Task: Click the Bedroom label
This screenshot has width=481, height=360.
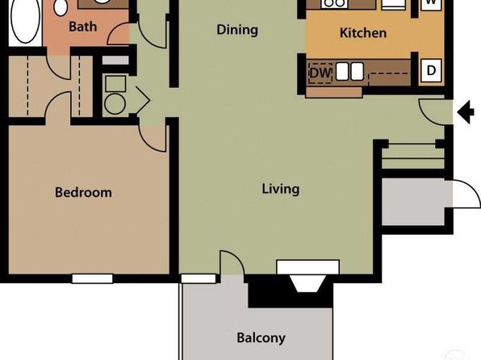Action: [83, 192]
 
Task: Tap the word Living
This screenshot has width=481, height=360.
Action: [280, 189]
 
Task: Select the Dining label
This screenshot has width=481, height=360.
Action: [237, 30]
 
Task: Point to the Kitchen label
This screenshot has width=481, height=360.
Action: [363, 33]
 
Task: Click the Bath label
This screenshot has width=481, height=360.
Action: [83, 27]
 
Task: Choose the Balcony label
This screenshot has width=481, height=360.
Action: [261, 338]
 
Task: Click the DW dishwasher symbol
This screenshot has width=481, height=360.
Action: [320, 73]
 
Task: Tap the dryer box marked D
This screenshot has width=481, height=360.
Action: [431, 70]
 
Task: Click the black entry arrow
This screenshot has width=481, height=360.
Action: [466, 112]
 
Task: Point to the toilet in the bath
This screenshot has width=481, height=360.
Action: [61, 8]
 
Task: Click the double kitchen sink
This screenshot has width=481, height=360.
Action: [349, 72]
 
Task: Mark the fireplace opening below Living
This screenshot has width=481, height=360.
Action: [307, 283]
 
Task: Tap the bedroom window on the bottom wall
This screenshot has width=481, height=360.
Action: [92, 278]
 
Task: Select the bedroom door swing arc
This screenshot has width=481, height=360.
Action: [153, 137]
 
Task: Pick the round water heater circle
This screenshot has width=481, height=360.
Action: [115, 104]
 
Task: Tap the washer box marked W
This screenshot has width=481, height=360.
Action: [431, 4]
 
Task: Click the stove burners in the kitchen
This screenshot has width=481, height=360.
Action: [334, 3]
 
